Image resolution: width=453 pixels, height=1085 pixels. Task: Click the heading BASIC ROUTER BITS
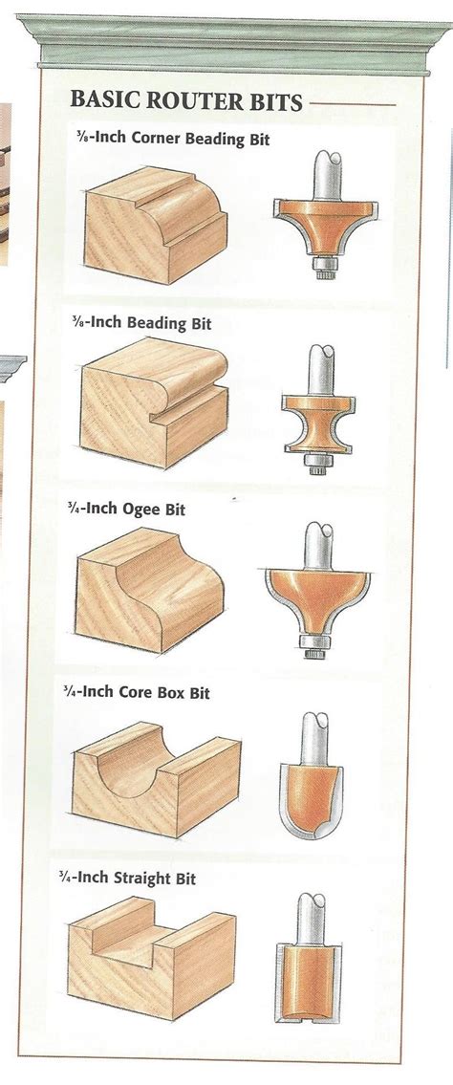pos(186,101)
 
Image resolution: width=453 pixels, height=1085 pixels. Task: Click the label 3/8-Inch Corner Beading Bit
pos(174,140)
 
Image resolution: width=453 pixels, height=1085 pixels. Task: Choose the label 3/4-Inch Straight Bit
pos(140,877)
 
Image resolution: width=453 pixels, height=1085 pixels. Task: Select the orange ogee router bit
pos(315,597)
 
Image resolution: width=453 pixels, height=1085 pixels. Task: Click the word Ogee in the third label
pos(143,509)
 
